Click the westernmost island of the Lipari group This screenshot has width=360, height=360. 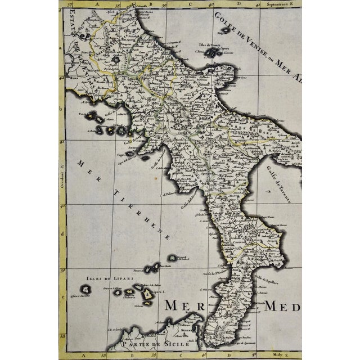pos(85,289)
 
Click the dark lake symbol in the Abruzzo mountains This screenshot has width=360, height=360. pos(116,59)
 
